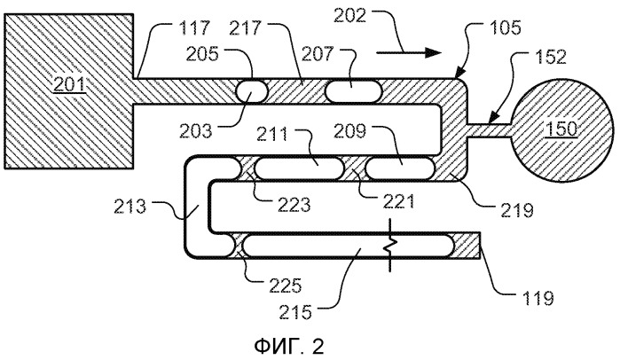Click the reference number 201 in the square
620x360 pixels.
[x=69, y=85]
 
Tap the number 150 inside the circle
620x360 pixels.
[x=561, y=129]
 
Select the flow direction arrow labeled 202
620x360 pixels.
[x=409, y=51]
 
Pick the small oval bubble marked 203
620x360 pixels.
[x=252, y=91]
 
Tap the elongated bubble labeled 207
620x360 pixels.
[x=354, y=91]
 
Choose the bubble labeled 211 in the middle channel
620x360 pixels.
[x=299, y=168]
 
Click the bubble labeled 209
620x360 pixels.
[x=399, y=168]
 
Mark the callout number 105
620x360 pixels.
[x=506, y=28]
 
